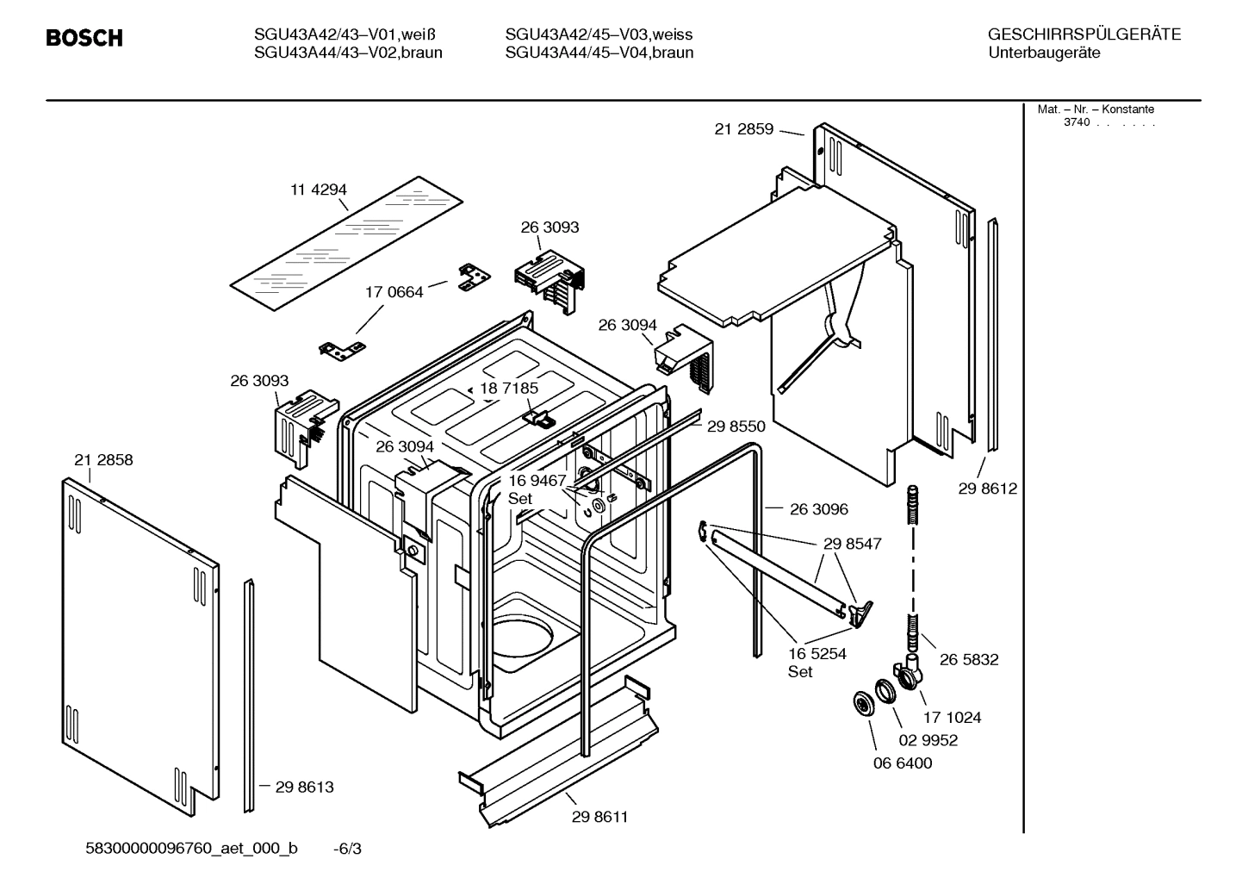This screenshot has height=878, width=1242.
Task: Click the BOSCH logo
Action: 84,38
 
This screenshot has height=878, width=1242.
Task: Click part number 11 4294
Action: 318,190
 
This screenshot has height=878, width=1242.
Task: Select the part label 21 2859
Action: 743,129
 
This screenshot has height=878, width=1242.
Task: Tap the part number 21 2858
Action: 103,460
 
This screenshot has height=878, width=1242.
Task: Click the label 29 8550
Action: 736,426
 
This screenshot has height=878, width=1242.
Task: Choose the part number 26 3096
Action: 818,509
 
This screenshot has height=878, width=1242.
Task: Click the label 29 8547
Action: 852,545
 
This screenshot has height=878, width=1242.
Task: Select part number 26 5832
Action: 969,659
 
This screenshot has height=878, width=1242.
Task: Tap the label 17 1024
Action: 952,717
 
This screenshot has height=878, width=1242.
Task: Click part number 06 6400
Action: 903,763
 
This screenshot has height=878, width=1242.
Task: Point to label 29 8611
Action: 599,817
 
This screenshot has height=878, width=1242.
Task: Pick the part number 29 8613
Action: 304,787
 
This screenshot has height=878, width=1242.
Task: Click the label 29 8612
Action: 987,489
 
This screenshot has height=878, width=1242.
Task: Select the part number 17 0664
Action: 394,292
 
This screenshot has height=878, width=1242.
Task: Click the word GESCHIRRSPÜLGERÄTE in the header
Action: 1084,34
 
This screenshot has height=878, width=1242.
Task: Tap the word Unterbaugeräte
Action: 1044,53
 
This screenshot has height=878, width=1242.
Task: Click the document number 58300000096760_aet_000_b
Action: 192,849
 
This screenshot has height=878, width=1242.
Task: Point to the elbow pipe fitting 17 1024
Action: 908,672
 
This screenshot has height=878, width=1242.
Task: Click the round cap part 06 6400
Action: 860,703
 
